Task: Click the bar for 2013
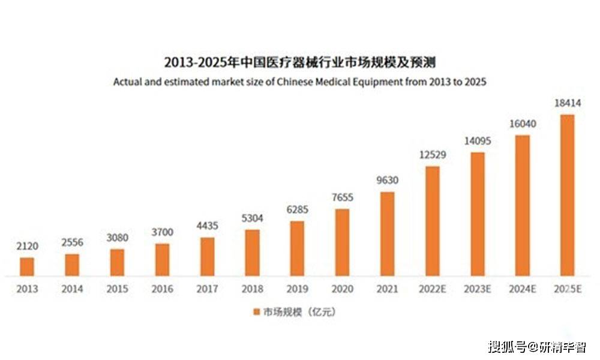click(27, 267)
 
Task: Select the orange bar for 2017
click(207, 257)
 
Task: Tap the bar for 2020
click(342, 242)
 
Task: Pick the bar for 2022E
click(432, 221)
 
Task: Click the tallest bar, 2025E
click(567, 195)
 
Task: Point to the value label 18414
click(567, 103)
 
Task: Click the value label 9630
click(387, 180)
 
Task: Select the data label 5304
click(252, 218)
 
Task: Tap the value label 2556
click(72, 242)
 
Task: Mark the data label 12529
click(432, 155)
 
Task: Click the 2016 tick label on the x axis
click(162, 289)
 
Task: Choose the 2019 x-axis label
click(297, 289)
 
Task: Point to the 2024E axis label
click(522, 289)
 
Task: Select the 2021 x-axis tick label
click(387, 289)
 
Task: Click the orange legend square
click(256, 312)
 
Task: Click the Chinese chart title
click(299, 62)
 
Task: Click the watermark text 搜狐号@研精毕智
click(536, 347)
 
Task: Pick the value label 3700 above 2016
click(162, 231)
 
